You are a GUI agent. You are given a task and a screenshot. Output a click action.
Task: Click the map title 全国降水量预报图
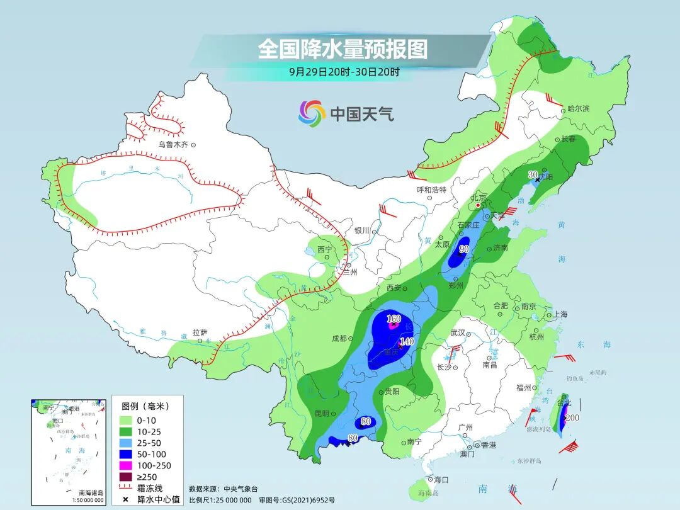point(343,48)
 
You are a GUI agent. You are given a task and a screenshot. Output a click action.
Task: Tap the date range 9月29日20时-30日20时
point(344,72)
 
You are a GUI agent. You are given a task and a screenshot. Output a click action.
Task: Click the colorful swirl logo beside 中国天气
point(312,113)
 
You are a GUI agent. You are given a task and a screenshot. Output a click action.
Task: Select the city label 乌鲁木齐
point(173,144)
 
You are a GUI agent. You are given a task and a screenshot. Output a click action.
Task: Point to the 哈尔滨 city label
point(578,109)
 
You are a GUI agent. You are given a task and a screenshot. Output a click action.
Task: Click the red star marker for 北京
point(479,205)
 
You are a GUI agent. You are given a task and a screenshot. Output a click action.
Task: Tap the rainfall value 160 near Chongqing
point(394,319)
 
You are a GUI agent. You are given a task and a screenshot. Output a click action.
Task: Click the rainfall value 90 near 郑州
point(465,249)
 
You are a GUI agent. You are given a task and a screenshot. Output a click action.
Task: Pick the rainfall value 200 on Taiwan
point(572,418)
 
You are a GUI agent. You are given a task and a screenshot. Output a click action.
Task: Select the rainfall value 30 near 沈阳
point(533,174)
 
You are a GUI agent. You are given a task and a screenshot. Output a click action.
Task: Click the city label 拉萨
point(200,332)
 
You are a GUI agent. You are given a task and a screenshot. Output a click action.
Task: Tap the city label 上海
point(560,314)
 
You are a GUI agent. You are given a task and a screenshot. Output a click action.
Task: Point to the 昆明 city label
point(321,413)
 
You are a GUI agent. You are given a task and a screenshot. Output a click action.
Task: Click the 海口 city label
point(441,479)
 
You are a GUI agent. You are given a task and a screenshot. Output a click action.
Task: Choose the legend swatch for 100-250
point(125,465)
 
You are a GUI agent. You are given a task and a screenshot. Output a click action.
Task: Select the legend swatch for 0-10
point(125,420)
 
